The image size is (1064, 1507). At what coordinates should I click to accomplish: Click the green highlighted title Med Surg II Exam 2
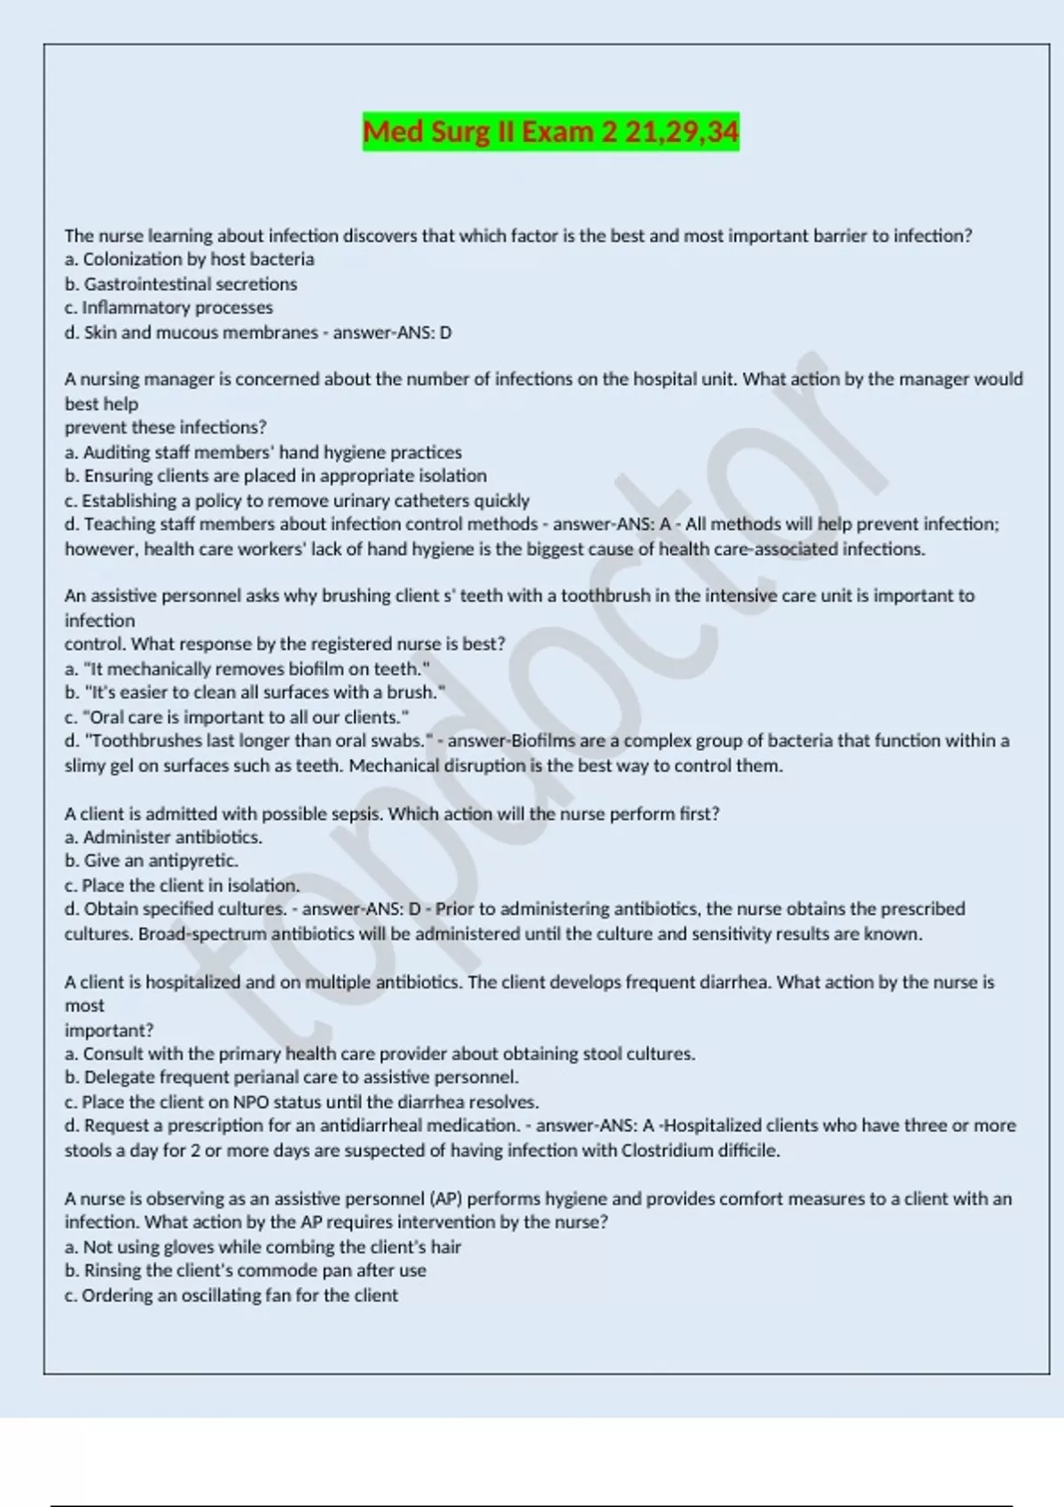551,132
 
